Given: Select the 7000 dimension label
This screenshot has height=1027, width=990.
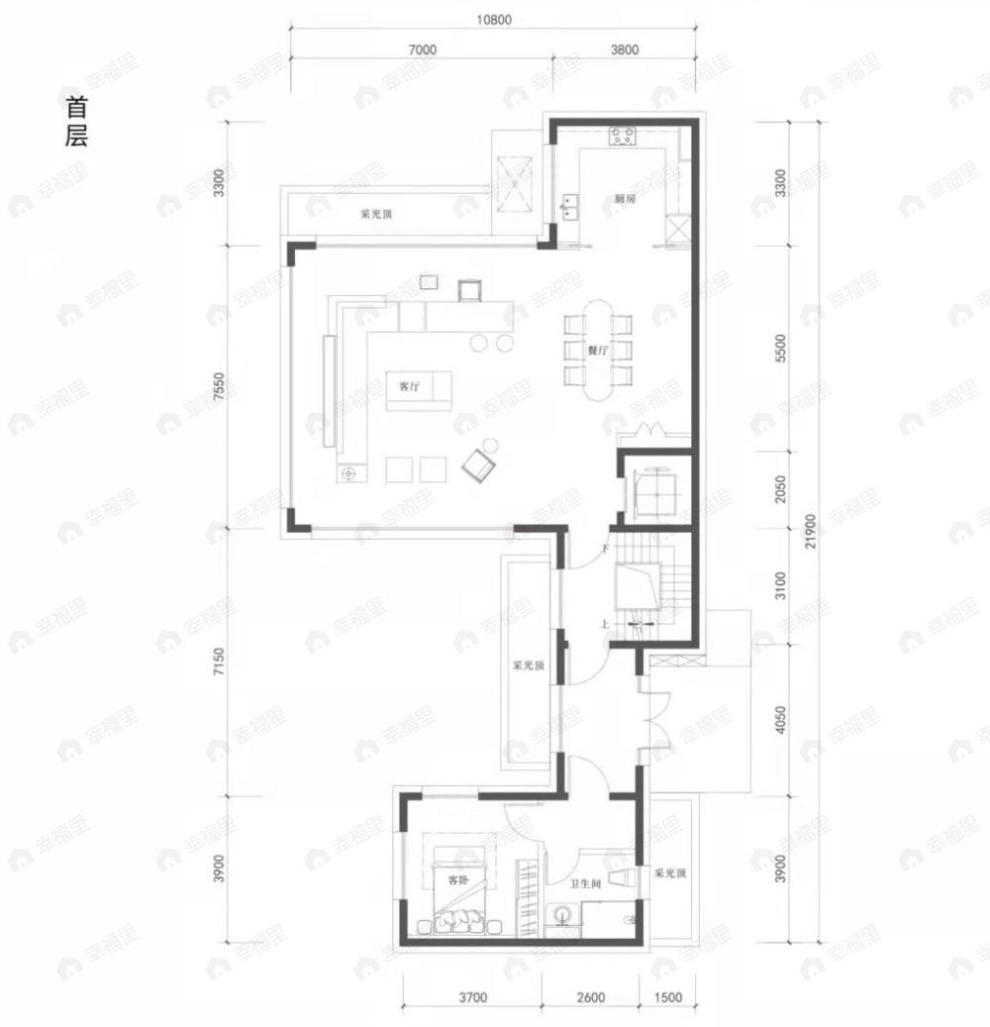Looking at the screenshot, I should [422, 50].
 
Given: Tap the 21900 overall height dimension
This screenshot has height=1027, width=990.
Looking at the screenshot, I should [810, 531].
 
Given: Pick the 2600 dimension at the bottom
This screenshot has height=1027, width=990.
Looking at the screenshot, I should [589, 997].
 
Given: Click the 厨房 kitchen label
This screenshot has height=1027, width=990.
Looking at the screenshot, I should [624, 199].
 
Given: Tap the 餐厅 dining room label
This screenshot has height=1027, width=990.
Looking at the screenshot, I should [596, 351].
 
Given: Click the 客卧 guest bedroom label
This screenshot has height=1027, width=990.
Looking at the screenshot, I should [456, 879].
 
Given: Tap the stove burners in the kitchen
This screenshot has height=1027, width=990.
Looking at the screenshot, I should [623, 137].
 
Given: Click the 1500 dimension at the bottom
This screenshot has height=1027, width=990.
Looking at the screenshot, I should [668, 997].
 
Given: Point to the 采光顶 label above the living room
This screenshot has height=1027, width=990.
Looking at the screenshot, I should [375, 214].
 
